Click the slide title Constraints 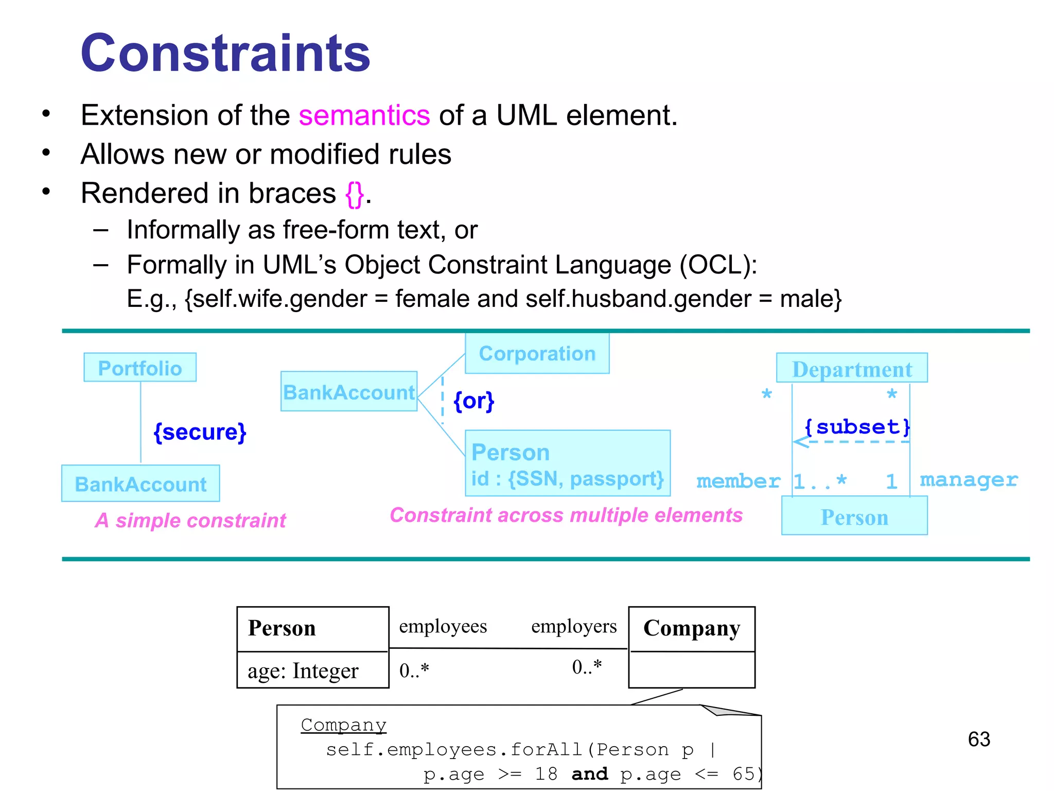coord(225,53)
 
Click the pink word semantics coord(364,115)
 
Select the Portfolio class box coord(140,368)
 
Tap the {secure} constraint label coord(200,432)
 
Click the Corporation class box coord(537,353)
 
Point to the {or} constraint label coord(473,401)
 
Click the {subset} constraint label coord(857,427)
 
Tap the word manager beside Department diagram coord(969,480)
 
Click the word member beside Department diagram coord(738,481)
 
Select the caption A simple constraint coord(190,520)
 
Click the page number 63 coord(979,739)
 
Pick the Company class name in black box coord(692,628)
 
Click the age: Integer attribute coord(303,670)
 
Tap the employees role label coord(443,626)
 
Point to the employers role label coord(574,626)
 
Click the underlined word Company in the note coord(343,725)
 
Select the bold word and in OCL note coord(590,773)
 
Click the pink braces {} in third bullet coord(355,194)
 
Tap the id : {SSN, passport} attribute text coord(567,478)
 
